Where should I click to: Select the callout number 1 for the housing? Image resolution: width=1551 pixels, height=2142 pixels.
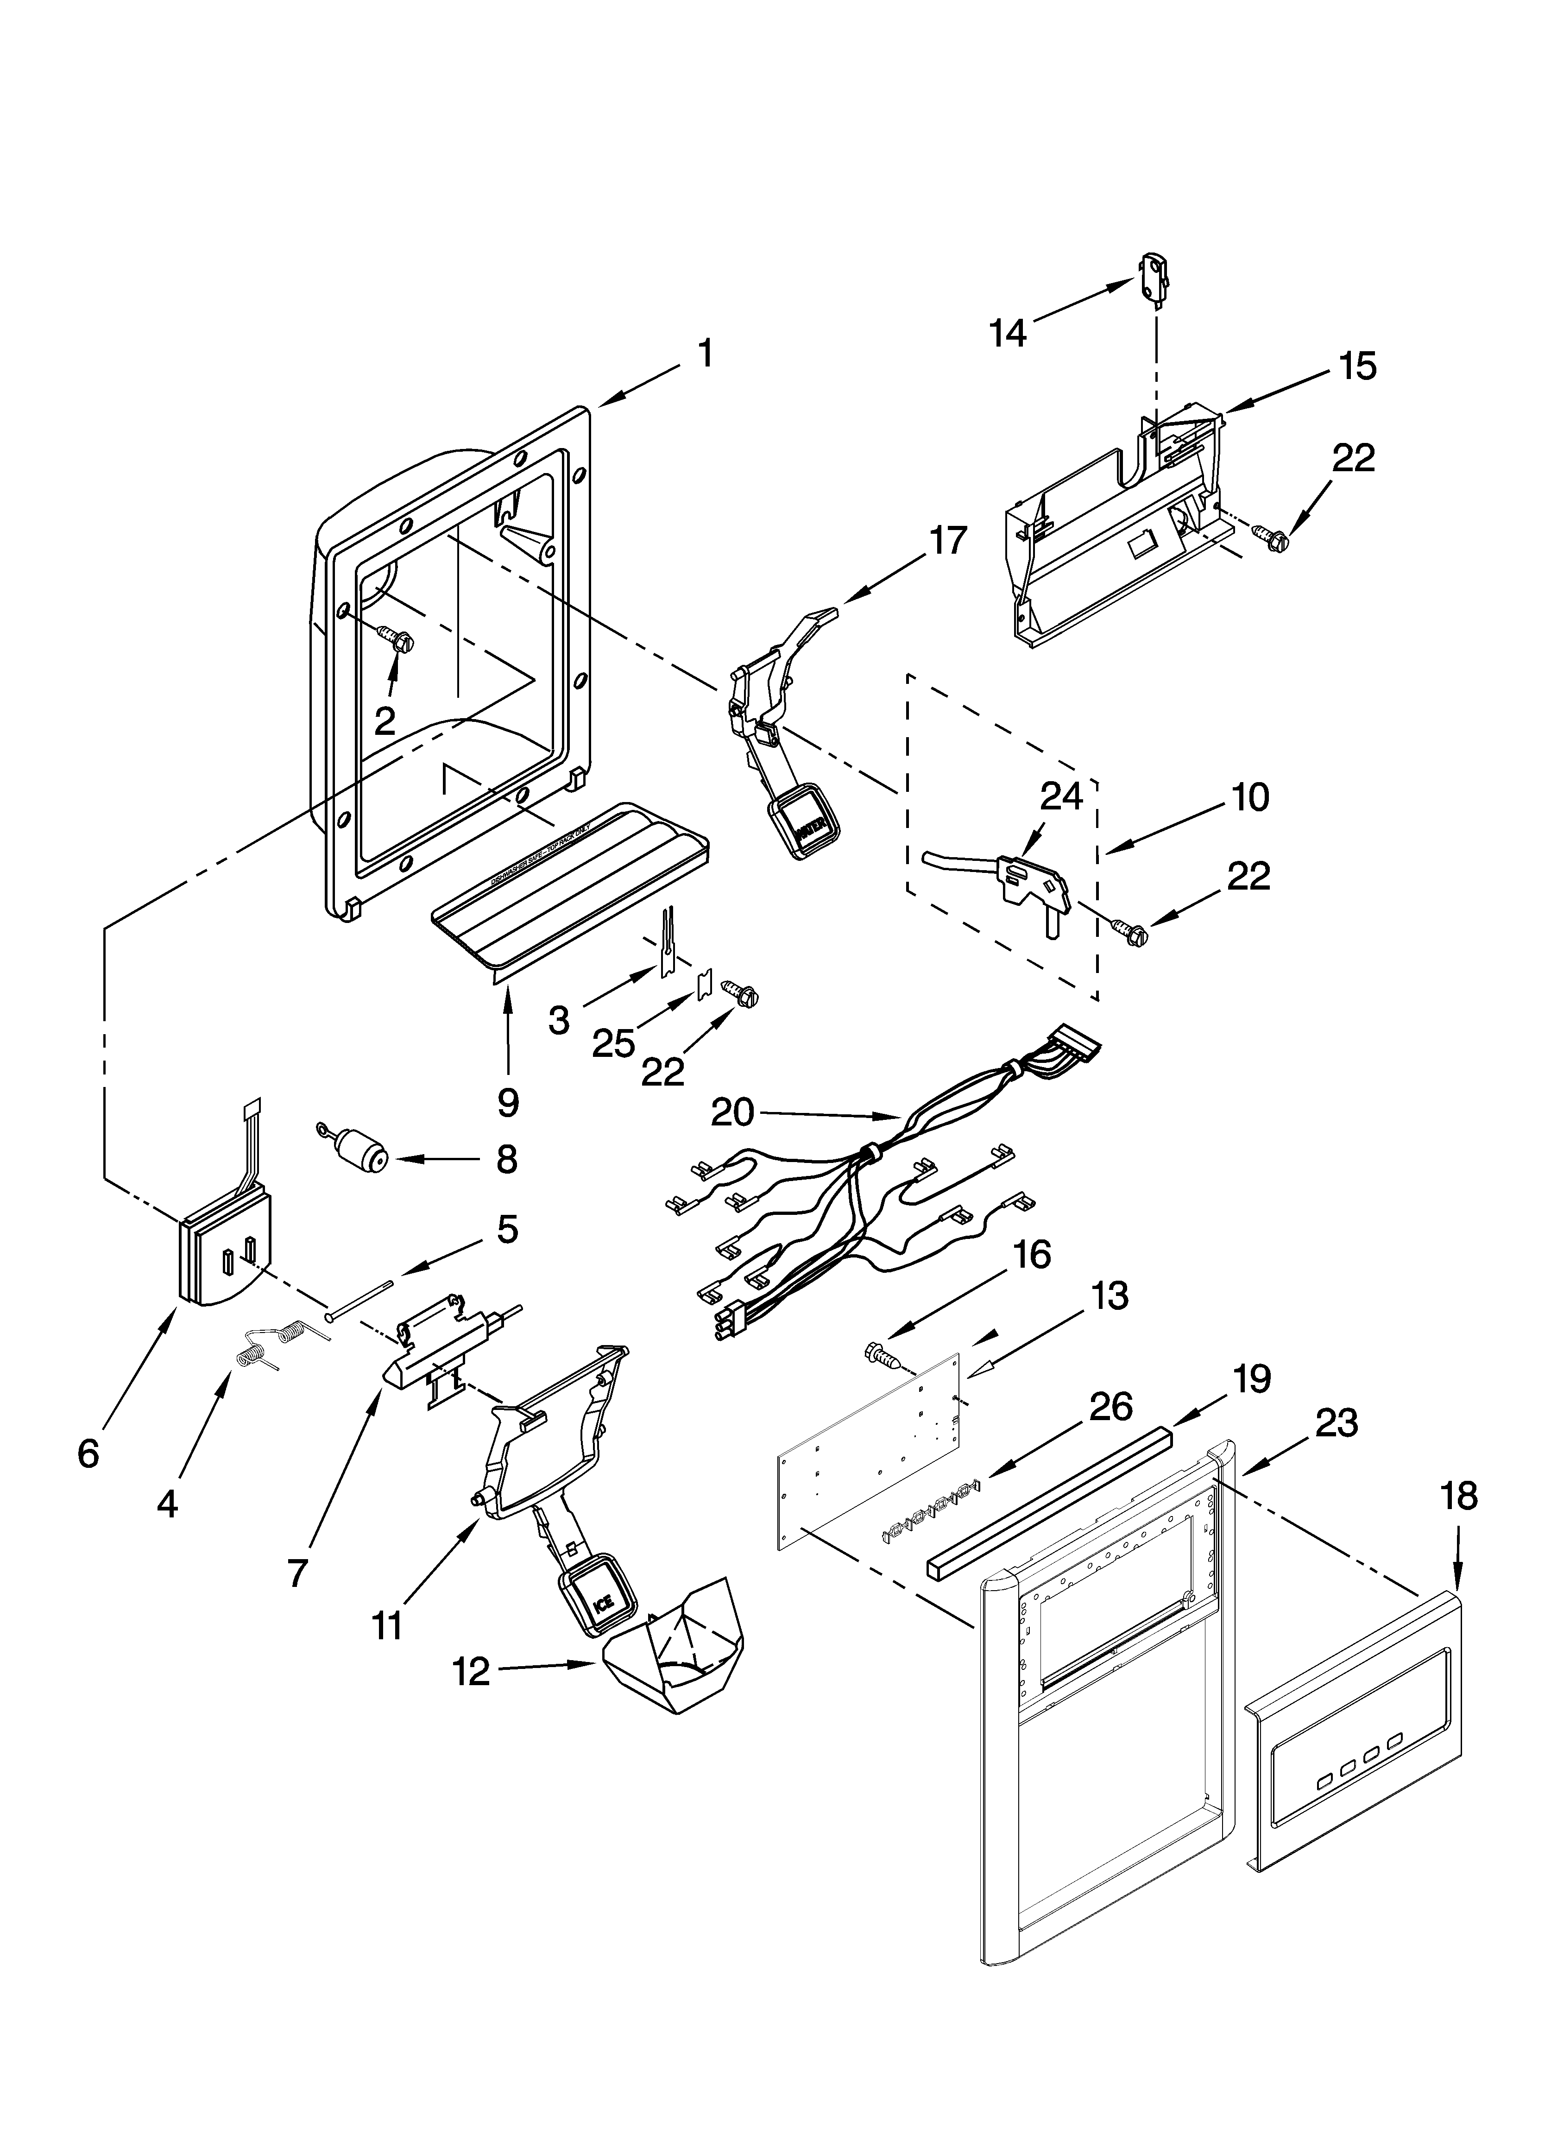click(705, 354)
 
